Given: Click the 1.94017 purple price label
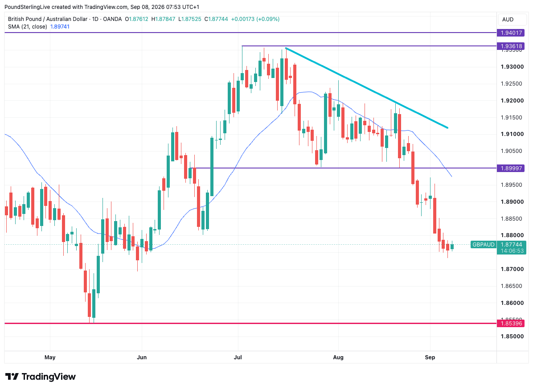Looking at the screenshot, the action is (x=511, y=33).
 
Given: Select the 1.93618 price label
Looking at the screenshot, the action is (x=511, y=46).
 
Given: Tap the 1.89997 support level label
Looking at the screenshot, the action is (x=511, y=168).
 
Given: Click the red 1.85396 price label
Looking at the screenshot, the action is (x=511, y=323).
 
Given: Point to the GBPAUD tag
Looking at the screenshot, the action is (x=484, y=244).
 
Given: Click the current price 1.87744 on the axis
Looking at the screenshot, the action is (x=511, y=244).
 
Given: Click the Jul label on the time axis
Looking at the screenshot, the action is (x=238, y=357).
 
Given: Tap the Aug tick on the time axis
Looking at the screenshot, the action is (x=338, y=357).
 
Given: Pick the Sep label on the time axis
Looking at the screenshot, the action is (x=430, y=357).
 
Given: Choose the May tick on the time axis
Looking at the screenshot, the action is (x=50, y=357).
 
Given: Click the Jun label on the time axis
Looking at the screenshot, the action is (x=142, y=357).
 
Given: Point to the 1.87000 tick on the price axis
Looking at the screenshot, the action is (x=512, y=269).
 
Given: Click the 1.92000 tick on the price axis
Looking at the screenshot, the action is (x=512, y=101).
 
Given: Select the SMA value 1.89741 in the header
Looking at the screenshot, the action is (x=60, y=27).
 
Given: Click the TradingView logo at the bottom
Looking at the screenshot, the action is (x=41, y=377).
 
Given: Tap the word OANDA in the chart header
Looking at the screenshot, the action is (x=112, y=19).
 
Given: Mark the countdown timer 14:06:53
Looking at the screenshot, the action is (x=511, y=251).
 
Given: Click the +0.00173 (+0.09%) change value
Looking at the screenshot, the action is (x=255, y=19).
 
